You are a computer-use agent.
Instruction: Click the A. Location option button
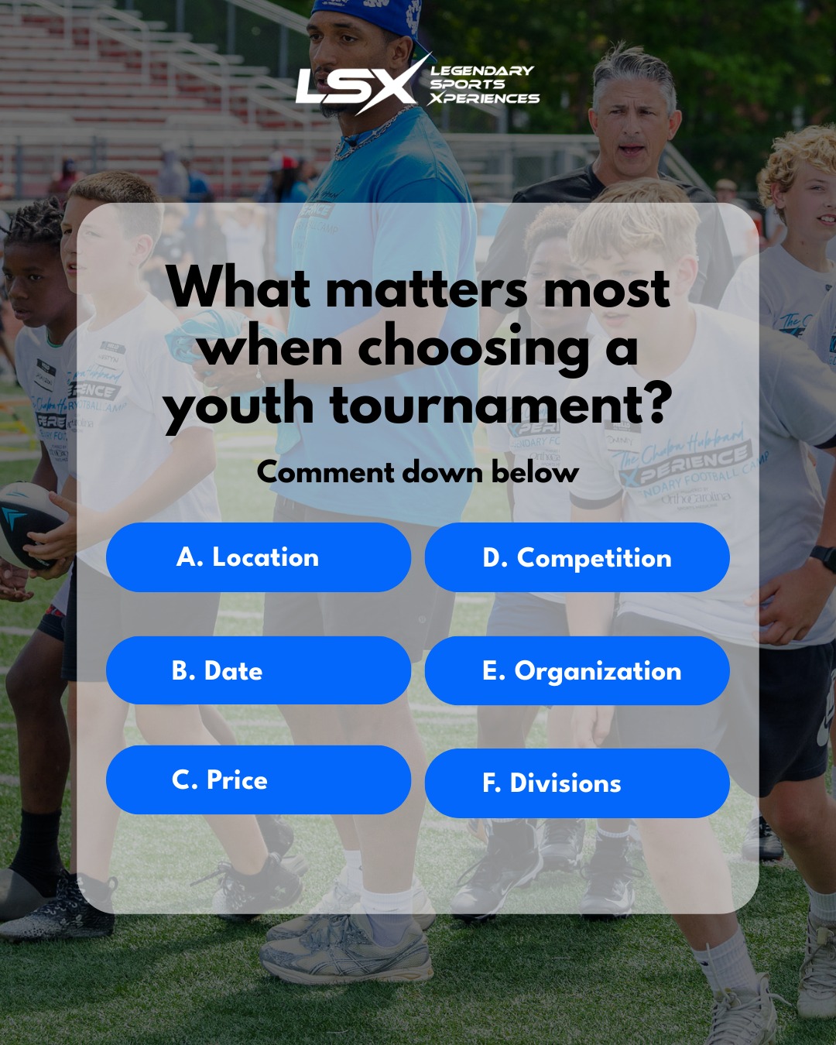coord(258,557)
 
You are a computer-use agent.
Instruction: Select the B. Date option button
coord(258,670)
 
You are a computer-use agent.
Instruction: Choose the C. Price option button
coord(258,779)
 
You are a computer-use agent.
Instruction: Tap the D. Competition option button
coord(577,557)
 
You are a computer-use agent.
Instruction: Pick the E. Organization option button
coord(577,670)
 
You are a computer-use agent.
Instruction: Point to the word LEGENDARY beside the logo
coord(482,70)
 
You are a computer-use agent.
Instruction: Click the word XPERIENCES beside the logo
coord(485,98)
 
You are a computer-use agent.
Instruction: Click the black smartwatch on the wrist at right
coord(823,557)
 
